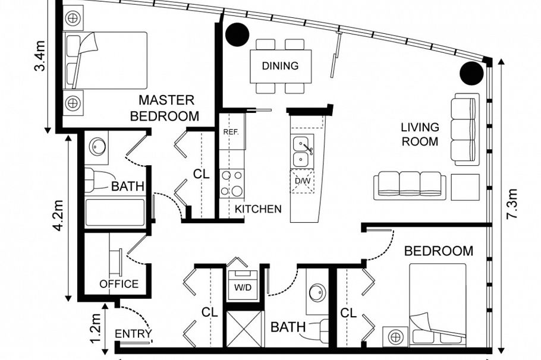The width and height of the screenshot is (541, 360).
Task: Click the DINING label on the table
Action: click(x=280, y=65)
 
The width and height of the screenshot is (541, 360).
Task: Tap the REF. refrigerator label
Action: click(x=231, y=132)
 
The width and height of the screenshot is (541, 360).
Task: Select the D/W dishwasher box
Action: click(x=302, y=181)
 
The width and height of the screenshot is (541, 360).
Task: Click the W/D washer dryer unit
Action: click(x=243, y=285)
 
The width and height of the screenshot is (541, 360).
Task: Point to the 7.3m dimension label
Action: click(x=512, y=204)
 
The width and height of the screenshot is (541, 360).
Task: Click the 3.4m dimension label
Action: click(x=40, y=56)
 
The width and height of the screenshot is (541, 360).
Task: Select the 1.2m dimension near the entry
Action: click(x=95, y=329)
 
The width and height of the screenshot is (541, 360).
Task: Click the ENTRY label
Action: click(x=133, y=334)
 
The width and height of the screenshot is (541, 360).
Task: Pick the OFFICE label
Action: click(x=119, y=284)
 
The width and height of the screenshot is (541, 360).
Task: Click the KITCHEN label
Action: click(x=258, y=209)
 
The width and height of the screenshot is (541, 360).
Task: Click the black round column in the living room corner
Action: click(x=471, y=74)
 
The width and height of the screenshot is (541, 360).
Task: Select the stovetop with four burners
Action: click(x=232, y=183)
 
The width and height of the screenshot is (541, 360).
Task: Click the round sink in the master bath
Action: click(x=97, y=147)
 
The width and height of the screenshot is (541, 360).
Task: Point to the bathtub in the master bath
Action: click(x=115, y=213)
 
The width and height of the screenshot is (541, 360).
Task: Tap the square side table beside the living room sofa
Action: click(x=465, y=187)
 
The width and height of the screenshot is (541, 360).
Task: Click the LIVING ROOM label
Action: click(x=420, y=134)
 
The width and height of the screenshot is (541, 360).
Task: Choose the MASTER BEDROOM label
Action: click(x=165, y=108)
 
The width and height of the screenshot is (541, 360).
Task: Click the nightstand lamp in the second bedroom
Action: click(x=395, y=337)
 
